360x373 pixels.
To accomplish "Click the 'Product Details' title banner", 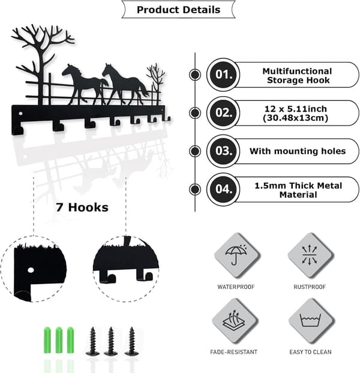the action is (178, 10).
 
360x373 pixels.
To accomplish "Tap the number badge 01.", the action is (223, 74).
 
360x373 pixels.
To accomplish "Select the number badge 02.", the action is (223, 113).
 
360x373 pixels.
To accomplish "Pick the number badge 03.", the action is (223, 151).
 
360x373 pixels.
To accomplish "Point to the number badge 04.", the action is (223, 189).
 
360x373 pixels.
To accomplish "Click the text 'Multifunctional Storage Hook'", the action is (298, 76).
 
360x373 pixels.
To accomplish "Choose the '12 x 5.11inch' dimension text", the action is (296, 109).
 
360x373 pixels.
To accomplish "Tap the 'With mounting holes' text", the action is (298, 151).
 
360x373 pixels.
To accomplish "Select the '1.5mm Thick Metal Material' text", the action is (298, 190).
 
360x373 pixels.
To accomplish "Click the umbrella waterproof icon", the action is (236, 255).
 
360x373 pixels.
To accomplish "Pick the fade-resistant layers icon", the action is (234, 320).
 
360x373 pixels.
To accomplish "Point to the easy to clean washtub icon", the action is (310, 320).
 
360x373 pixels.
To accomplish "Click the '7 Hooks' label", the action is (82, 207).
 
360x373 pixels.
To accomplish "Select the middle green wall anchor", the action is (59, 340).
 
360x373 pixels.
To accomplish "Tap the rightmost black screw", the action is (131, 342).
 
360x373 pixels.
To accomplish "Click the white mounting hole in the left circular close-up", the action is (31, 270).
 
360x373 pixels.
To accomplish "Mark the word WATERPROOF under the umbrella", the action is (236, 287).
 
